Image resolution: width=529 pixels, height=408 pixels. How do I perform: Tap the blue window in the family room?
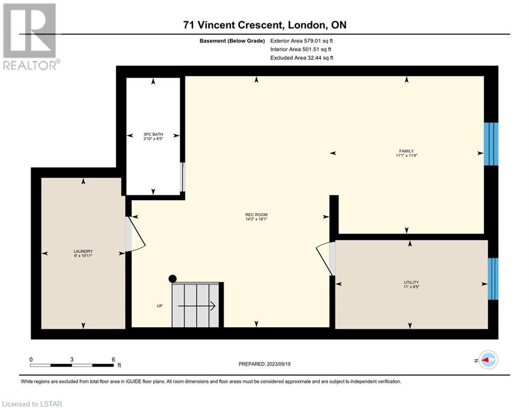[491, 144]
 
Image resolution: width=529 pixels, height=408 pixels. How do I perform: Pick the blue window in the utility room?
[493, 279]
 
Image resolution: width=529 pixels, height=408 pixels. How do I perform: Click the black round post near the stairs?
[172, 279]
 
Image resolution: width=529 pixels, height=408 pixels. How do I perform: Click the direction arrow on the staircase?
[197, 306]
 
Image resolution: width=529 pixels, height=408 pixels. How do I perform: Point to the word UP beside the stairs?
[159, 306]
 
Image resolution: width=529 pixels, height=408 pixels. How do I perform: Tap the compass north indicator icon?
[489, 360]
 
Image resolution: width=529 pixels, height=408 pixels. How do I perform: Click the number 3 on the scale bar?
[72, 360]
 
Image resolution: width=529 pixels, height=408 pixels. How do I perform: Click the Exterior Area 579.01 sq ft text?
[301, 41]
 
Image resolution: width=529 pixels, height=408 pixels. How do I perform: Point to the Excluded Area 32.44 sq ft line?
[301, 58]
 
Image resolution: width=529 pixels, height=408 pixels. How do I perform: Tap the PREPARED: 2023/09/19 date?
[265, 364]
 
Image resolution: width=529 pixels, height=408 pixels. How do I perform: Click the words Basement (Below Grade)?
[232, 41]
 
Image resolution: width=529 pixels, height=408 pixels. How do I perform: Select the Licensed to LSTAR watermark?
[32, 404]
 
